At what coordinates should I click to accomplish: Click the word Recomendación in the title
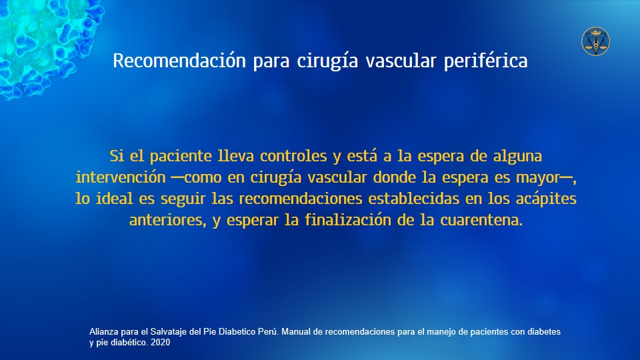point(179,61)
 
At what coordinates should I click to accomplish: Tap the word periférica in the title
point(486,61)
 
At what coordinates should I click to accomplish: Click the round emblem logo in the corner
point(595,41)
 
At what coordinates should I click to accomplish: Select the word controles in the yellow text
point(293,156)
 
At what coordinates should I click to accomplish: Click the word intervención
point(121,177)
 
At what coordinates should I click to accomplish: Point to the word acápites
point(546,199)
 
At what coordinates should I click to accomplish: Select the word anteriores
point(167,221)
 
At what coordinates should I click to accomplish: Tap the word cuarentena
point(481,221)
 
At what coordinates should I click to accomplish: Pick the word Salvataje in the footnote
point(168,332)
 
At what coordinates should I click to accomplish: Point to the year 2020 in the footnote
point(161,343)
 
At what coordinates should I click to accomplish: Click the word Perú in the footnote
point(269,332)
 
